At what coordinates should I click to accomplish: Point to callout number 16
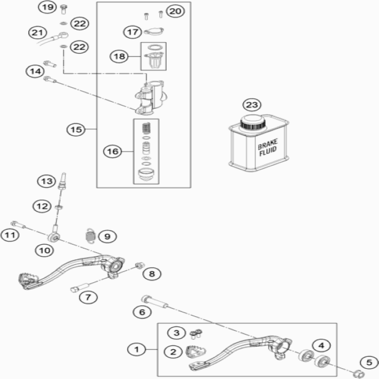click(112, 152)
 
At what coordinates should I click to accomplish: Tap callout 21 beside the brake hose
click(37, 32)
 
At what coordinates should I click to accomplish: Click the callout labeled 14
click(35, 71)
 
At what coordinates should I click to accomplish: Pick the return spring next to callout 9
click(90, 236)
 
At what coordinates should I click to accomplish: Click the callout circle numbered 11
click(8, 235)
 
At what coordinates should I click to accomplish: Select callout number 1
click(137, 349)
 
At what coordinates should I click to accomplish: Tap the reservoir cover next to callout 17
click(155, 31)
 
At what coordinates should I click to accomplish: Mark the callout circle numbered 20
click(174, 11)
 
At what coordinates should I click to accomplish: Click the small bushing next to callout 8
click(139, 265)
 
